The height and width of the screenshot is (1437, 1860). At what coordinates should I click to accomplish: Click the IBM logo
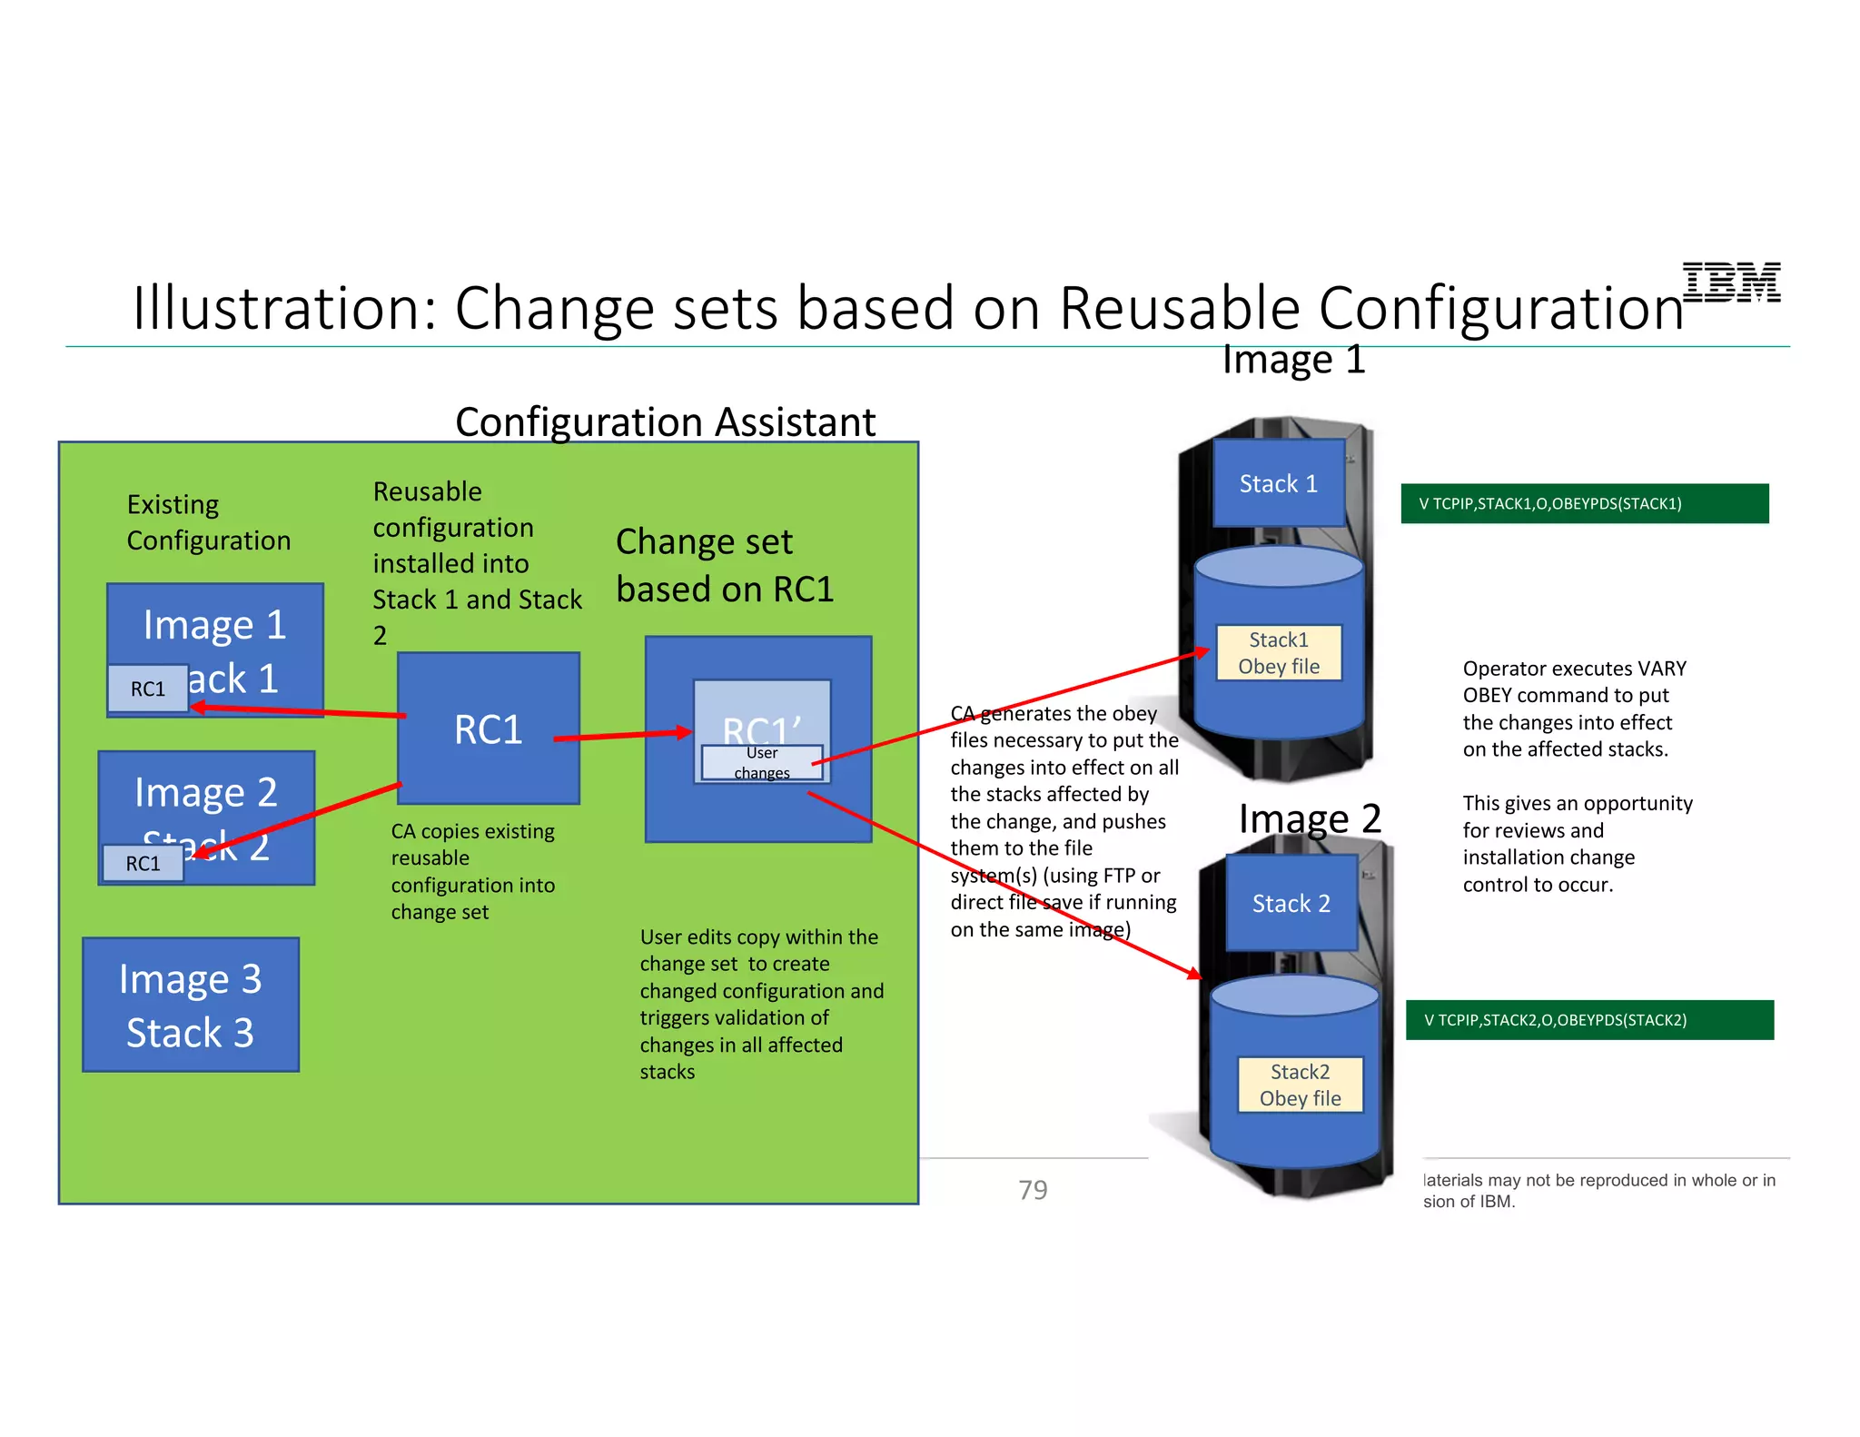coord(1731,282)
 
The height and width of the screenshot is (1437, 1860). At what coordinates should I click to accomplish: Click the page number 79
coord(1033,1190)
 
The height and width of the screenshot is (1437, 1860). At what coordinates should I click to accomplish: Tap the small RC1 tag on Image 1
coord(148,689)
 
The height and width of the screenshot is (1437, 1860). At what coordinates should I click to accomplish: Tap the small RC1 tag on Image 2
coord(143,863)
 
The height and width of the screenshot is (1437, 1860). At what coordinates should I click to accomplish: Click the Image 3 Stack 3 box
coord(191,1005)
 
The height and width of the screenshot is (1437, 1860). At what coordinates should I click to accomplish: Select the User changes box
coord(762,763)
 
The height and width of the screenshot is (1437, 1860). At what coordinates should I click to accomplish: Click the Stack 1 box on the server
coord(1279,483)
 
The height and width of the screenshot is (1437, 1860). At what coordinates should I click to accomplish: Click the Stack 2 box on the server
coord(1291,903)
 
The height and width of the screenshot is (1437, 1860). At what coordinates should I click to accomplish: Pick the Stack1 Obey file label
coord(1279,652)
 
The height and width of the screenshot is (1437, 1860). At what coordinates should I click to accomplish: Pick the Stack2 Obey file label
coord(1301,1085)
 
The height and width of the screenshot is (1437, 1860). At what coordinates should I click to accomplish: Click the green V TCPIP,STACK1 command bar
coord(1585,503)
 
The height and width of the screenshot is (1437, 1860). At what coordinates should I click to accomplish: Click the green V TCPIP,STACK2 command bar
coord(1589,1019)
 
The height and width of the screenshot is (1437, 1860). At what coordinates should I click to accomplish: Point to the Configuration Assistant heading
coord(665,422)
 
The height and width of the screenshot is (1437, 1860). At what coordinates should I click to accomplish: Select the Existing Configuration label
coord(208,522)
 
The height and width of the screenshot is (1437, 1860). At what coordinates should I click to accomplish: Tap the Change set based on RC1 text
coord(724,565)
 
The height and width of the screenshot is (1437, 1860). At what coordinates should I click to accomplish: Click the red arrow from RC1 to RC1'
coord(622,735)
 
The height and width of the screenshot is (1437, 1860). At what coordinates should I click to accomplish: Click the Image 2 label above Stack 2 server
coord(1310,818)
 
